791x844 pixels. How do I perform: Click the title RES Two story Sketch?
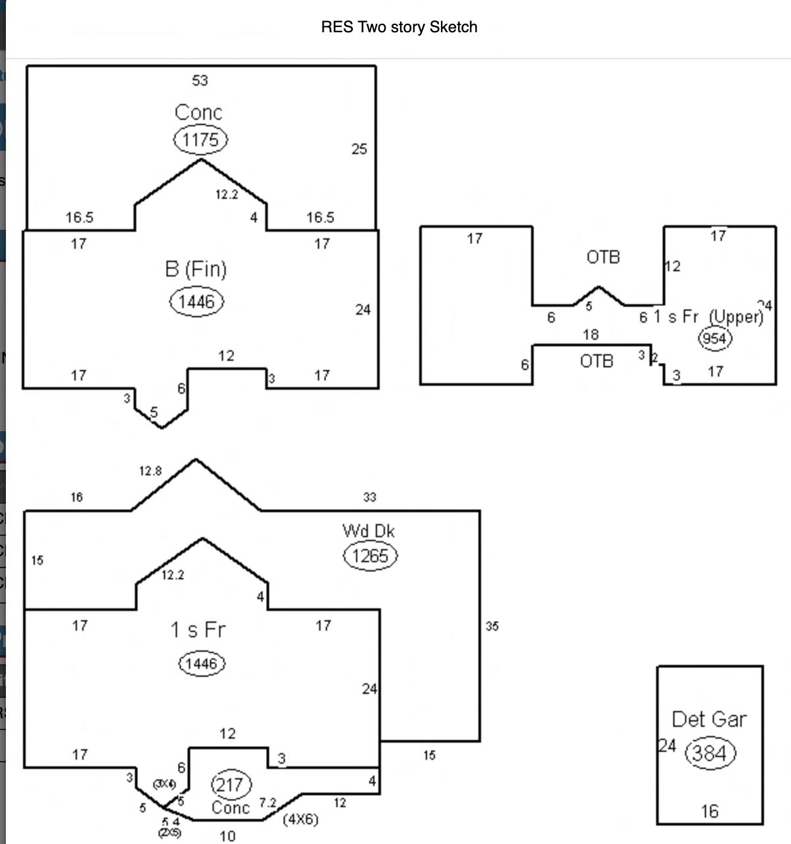click(399, 27)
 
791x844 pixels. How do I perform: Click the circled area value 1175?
click(201, 140)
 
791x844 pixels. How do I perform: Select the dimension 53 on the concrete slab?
click(200, 80)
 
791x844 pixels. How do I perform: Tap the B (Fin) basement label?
click(195, 269)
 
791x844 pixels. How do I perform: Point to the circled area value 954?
click(715, 338)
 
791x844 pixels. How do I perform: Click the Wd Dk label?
click(369, 531)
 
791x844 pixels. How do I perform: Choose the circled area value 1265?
click(370, 556)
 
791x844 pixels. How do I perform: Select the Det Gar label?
click(709, 719)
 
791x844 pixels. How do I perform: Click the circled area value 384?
click(710, 752)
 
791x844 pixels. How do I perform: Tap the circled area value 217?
click(230, 785)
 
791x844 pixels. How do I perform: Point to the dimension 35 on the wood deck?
click(492, 626)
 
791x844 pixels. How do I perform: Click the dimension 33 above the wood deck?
click(370, 497)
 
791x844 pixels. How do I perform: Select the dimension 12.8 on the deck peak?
click(150, 471)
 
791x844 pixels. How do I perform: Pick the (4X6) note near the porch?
click(300, 820)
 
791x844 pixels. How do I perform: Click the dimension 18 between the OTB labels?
click(591, 334)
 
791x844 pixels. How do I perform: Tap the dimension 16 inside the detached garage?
click(709, 811)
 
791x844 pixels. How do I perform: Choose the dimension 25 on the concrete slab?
click(359, 149)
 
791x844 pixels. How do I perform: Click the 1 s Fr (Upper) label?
click(708, 317)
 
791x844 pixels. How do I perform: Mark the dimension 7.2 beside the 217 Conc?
click(268, 803)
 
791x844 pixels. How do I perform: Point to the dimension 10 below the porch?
click(228, 836)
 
